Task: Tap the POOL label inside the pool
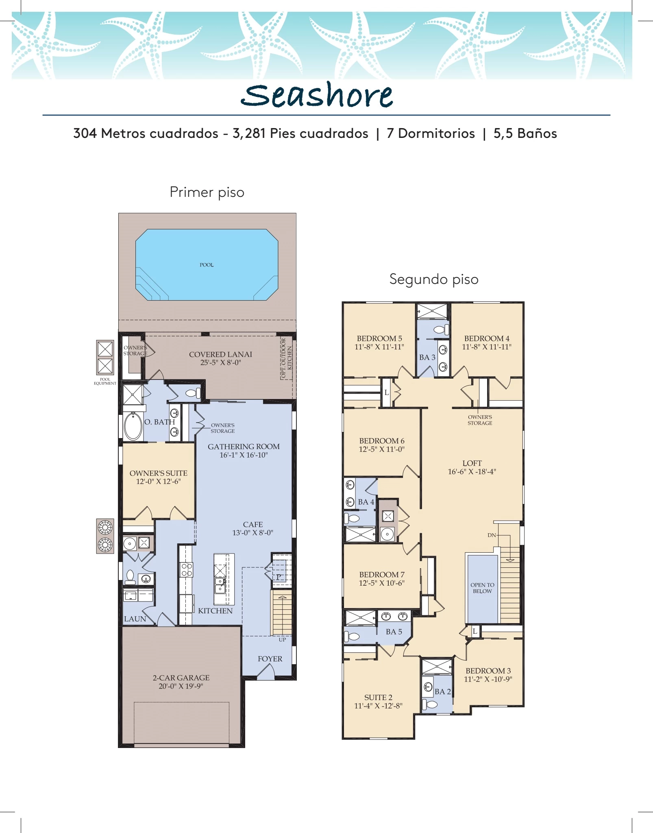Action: [207, 265]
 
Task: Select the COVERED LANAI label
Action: [220, 354]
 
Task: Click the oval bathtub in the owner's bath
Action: [133, 426]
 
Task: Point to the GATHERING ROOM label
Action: [244, 447]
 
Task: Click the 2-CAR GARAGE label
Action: [181, 678]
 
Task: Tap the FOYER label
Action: [270, 659]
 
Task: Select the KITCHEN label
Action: [215, 611]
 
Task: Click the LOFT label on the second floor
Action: [472, 463]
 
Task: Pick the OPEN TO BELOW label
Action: [482, 588]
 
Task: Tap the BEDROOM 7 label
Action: [382, 574]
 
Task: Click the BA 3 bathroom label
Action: [427, 357]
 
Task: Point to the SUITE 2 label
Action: [378, 697]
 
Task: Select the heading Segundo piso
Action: [434, 279]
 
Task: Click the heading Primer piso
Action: [207, 192]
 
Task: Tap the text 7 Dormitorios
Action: [431, 133]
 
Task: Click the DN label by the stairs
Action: [492, 535]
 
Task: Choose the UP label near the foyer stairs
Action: [282, 639]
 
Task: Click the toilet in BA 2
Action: [429, 704]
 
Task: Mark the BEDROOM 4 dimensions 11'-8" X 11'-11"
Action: [487, 347]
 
